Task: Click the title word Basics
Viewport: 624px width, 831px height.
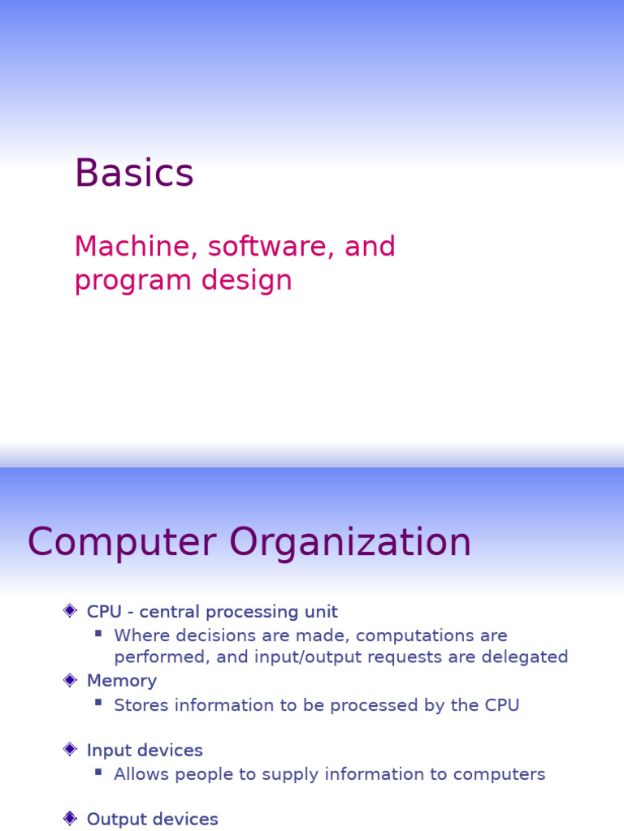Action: coord(134,174)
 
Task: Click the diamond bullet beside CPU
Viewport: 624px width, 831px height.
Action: coord(70,611)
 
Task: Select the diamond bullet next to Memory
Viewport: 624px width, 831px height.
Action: coord(70,680)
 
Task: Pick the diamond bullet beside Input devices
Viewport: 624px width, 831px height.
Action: coord(70,750)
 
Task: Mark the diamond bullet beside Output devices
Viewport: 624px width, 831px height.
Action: coord(70,819)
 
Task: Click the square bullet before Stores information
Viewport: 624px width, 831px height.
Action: coord(98,703)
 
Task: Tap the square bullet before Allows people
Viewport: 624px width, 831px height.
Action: coord(98,772)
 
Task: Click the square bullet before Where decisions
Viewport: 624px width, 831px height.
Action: coord(98,633)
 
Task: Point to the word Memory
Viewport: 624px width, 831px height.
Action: coord(122,681)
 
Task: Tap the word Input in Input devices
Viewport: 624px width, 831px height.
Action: coord(106,751)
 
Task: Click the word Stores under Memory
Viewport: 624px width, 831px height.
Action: coord(139,705)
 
